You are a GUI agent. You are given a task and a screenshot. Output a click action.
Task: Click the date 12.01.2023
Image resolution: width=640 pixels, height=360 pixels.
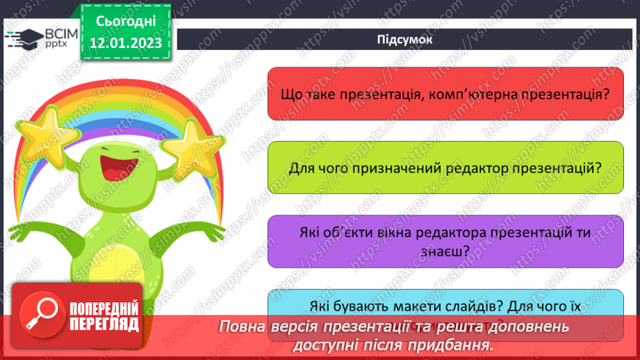125,43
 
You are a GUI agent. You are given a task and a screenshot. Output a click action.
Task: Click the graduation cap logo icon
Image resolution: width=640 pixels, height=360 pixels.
22,36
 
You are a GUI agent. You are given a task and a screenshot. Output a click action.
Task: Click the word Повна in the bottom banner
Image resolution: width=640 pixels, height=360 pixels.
241,327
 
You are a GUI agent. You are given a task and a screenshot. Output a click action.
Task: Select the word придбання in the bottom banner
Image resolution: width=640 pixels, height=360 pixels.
459,344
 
